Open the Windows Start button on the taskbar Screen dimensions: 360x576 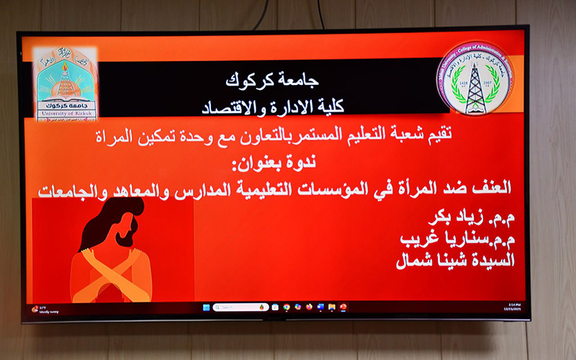click(207, 307)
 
